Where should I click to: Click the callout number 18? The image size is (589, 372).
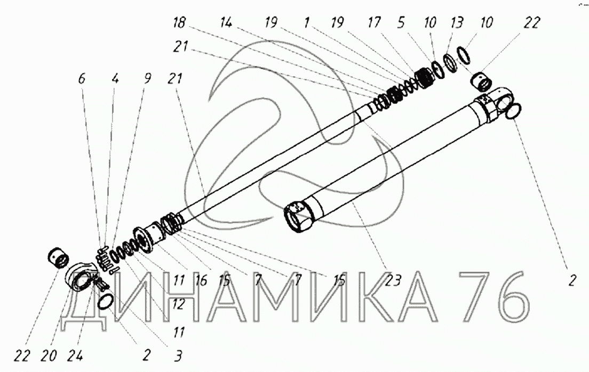[179, 23]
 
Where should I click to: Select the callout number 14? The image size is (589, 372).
[226, 22]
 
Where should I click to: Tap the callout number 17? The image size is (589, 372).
[373, 22]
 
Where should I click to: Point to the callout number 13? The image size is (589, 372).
[457, 22]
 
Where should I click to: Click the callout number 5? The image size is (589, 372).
[401, 22]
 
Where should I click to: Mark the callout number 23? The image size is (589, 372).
[393, 280]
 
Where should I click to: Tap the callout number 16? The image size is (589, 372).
[201, 280]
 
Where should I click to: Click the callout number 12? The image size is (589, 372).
[179, 304]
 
